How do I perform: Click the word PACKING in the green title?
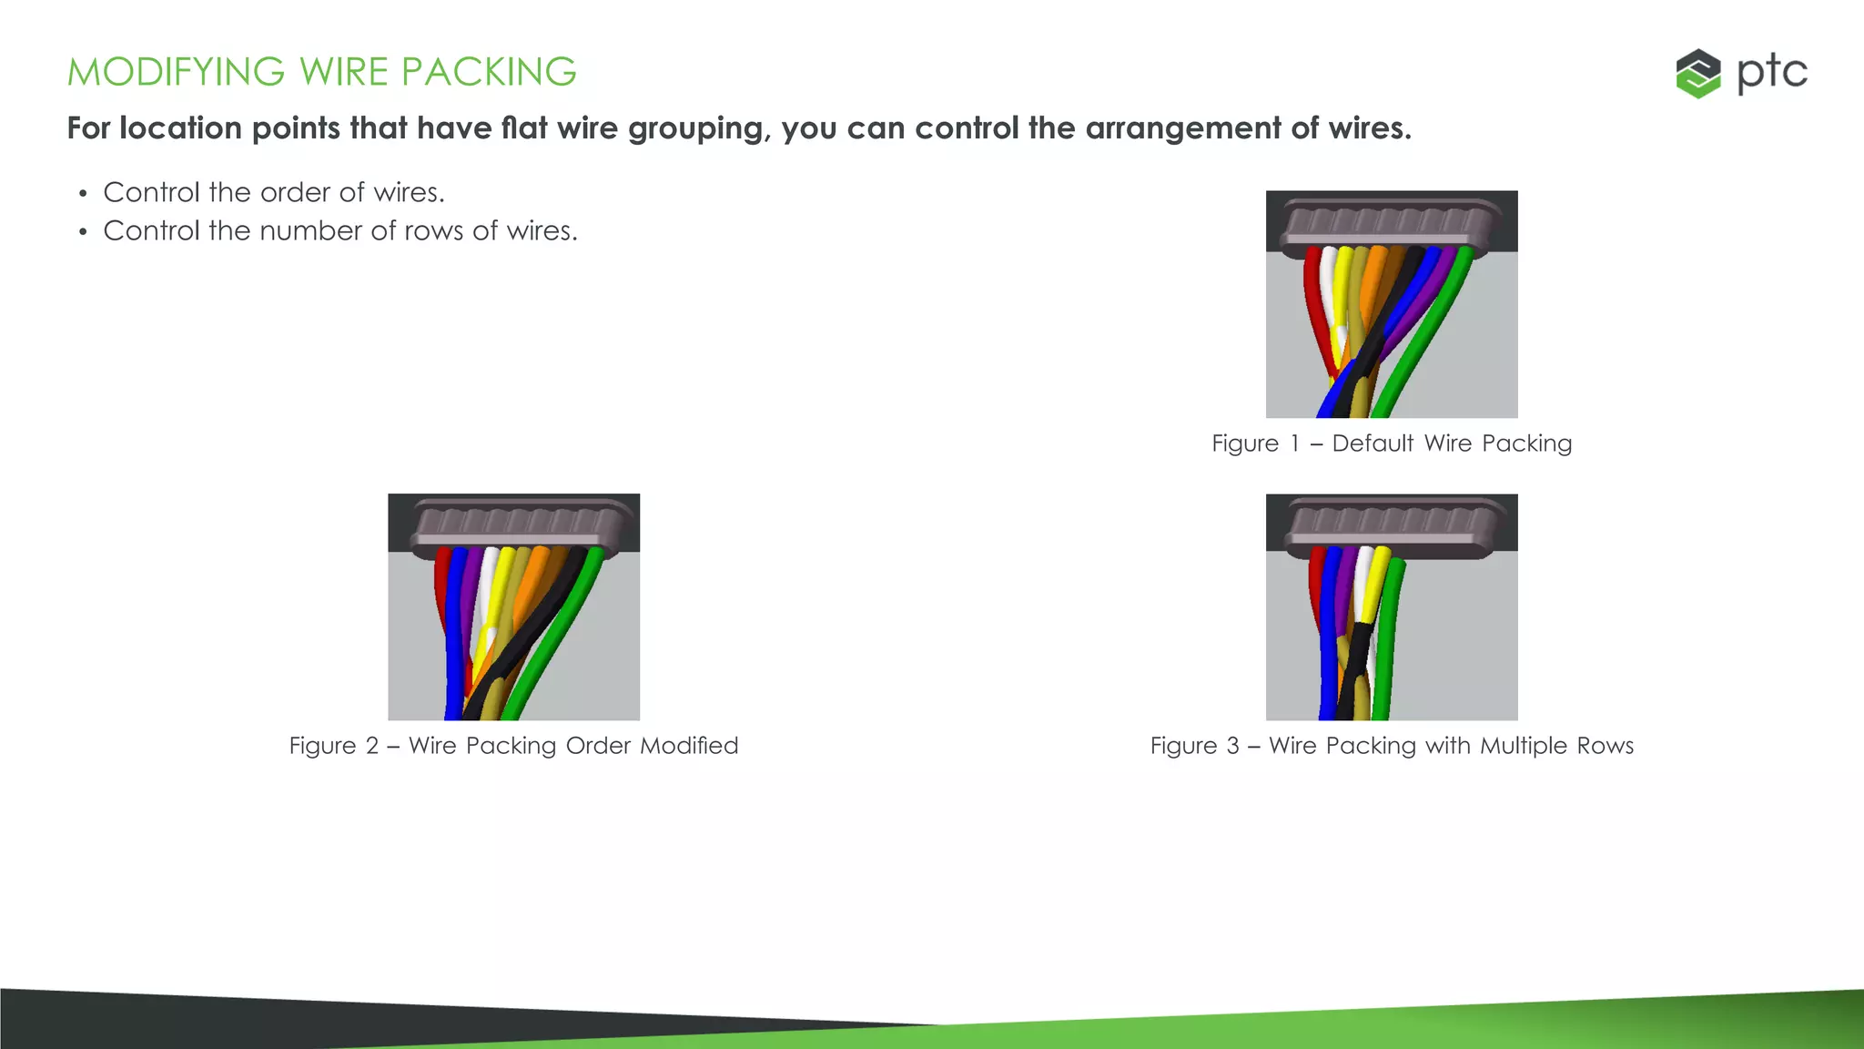click(x=488, y=72)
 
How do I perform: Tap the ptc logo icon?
click(x=1697, y=74)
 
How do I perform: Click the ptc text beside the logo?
click(x=1771, y=73)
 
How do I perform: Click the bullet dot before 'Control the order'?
click(x=83, y=194)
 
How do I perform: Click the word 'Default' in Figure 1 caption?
click(x=1373, y=443)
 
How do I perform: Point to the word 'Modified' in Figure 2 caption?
click(x=689, y=746)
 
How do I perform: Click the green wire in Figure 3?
click(x=1387, y=637)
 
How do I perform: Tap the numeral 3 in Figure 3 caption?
click(x=1233, y=746)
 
